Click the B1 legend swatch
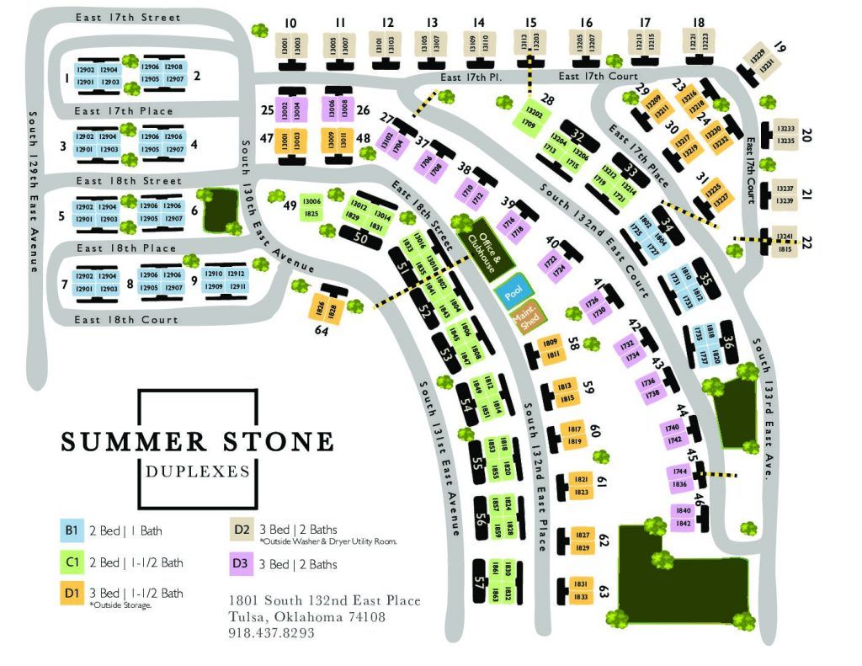coord(70,530)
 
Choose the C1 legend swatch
coord(70,562)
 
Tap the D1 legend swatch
coord(70,594)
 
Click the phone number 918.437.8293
coord(271,632)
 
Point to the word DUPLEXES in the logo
coord(197,472)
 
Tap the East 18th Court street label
coord(126,320)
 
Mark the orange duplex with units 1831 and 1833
coord(580,589)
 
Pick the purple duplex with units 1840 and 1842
coord(681,516)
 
